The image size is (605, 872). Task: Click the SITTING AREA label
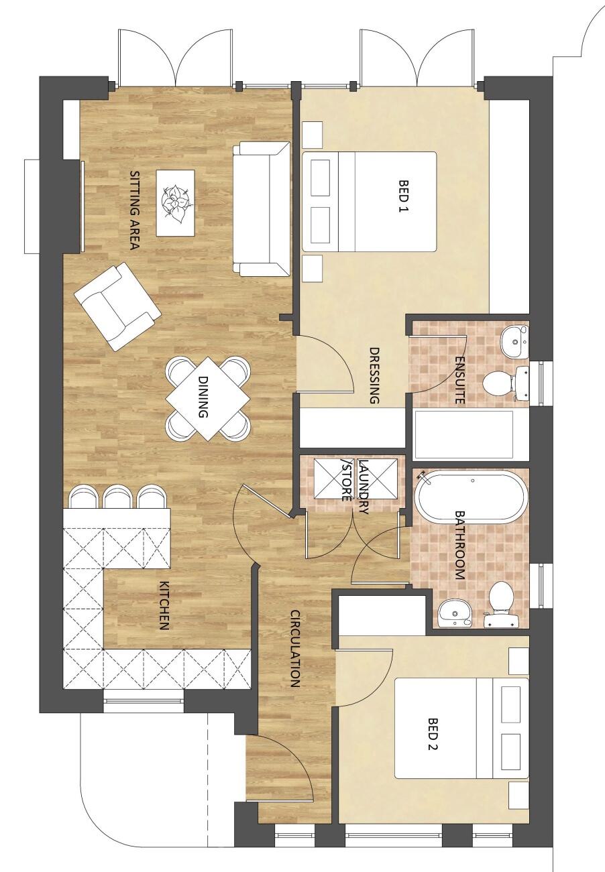(x=133, y=210)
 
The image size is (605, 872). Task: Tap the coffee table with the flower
(x=176, y=202)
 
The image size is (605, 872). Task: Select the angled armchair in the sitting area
(x=117, y=307)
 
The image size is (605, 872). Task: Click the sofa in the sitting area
(x=262, y=209)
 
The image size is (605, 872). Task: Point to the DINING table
(x=208, y=398)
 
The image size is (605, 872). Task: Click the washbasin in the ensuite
(x=515, y=341)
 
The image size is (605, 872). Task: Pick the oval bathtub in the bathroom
(x=469, y=497)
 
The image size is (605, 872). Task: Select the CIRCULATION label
(x=294, y=648)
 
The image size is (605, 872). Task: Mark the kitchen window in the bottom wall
(x=144, y=702)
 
